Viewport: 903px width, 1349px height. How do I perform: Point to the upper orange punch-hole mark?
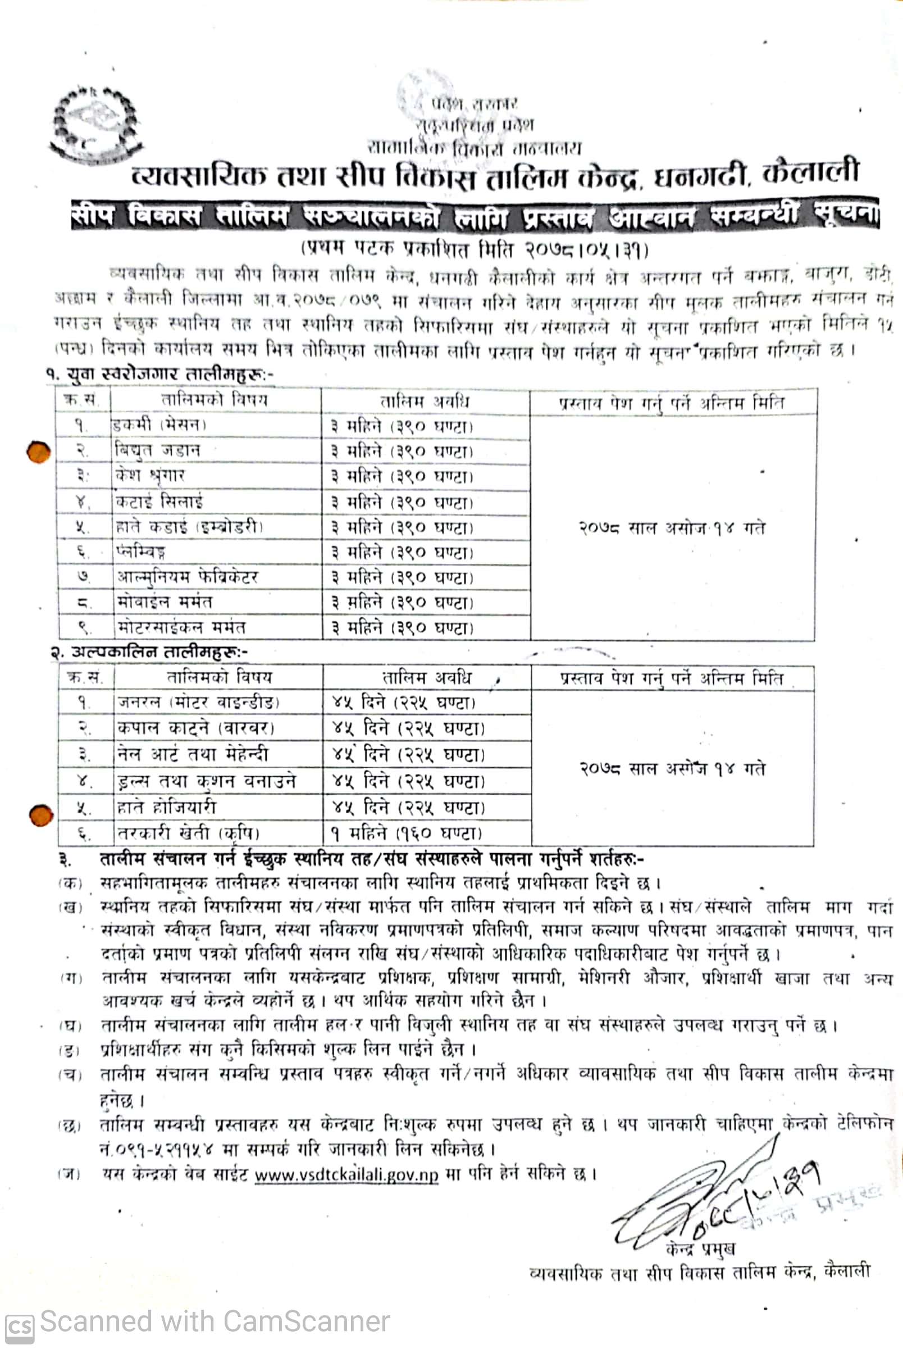(x=39, y=452)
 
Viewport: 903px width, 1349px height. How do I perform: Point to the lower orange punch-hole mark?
(x=41, y=815)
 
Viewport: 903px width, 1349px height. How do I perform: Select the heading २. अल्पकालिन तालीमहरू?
(x=150, y=653)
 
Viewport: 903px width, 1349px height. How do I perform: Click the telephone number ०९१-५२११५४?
(x=160, y=1150)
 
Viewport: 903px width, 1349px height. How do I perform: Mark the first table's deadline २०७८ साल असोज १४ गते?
(x=672, y=527)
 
